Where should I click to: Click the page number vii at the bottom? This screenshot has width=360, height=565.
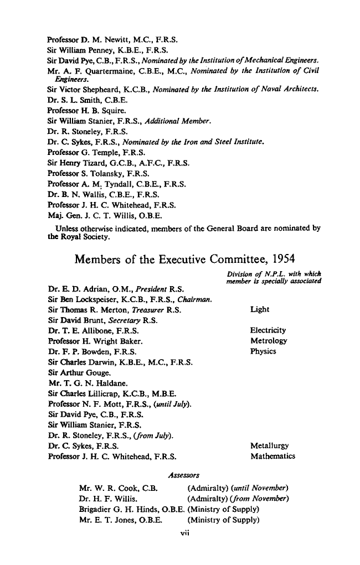point(181,534)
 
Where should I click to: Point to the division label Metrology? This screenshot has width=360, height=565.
point(269,340)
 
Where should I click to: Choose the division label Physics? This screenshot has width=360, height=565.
point(263,350)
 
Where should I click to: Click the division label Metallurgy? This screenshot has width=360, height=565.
point(269,447)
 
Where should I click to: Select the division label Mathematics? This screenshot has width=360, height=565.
point(272,457)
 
